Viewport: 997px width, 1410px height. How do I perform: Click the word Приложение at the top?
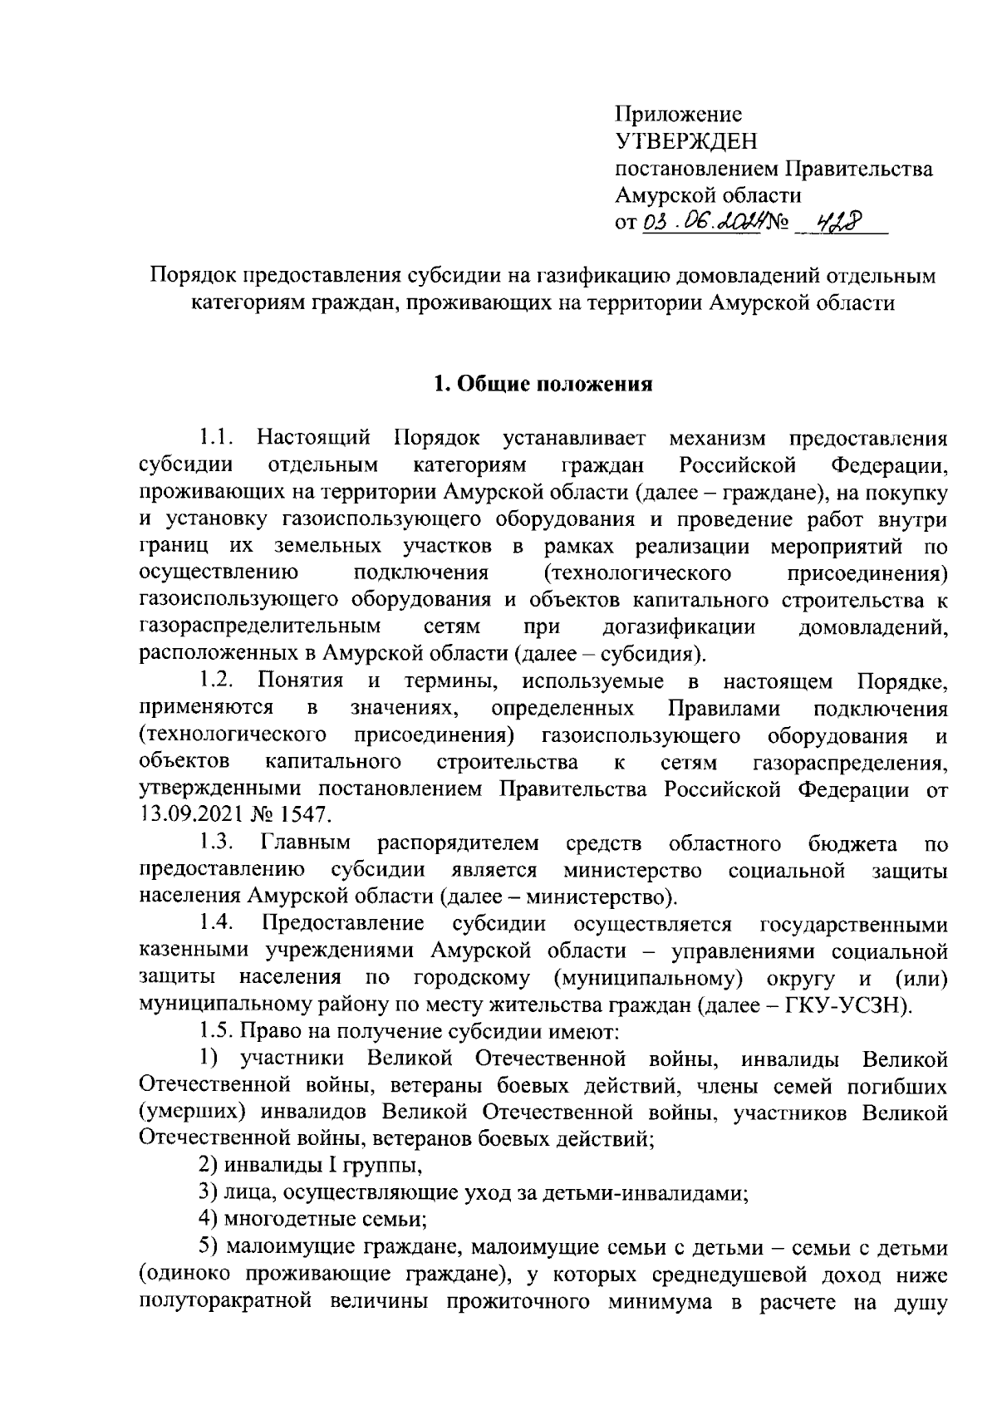[x=678, y=114]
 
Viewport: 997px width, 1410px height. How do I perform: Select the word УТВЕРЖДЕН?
[x=686, y=141]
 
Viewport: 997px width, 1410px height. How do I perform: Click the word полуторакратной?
[x=234, y=1302]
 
